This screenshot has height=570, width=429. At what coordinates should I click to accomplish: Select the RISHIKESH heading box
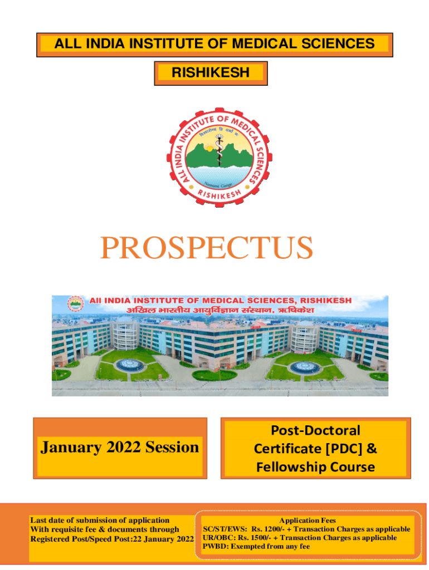(211, 73)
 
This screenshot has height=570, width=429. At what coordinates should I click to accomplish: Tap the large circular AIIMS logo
(219, 157)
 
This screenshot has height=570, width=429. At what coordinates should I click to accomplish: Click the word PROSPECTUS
(206, 247)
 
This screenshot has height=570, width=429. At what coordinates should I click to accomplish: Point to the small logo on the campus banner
(76, 304)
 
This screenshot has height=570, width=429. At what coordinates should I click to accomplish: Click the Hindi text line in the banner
(220, 310)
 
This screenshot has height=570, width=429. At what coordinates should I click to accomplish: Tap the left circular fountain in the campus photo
(130, 364)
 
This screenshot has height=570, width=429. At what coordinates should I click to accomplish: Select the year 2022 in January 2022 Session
(123, 447)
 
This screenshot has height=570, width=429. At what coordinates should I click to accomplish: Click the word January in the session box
(71, 448)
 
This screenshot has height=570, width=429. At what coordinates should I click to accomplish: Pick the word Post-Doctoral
(315, 430)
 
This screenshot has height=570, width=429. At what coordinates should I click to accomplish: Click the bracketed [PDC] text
(344, 449)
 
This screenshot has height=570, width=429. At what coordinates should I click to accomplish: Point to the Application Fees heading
(308, 520)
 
